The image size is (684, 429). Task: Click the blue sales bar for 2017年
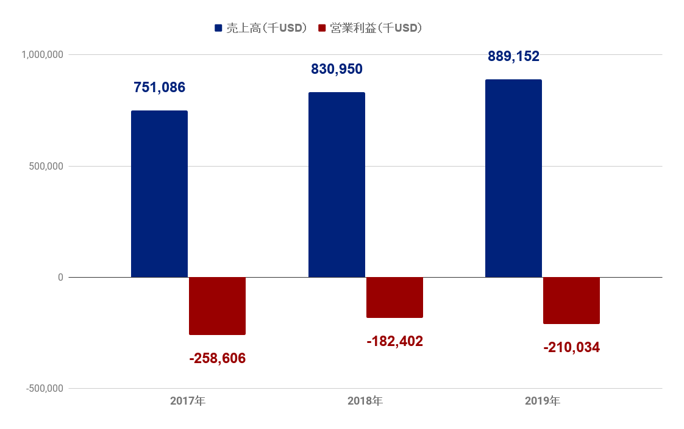click(159, 194)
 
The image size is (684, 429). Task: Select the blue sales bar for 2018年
click(337, 185)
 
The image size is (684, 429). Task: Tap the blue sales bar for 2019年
click(513, 178)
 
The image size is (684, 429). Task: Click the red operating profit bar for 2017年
click(217, 306)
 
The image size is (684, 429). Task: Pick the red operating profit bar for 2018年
click(394, 297)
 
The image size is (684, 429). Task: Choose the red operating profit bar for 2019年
click(571, 300)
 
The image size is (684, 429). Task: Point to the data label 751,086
click(159, 87)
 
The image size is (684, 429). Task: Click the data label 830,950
click(337, 69)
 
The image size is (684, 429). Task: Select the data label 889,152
click(513, 56)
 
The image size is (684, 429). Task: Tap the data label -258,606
click(217, 358)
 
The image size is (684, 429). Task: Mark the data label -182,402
click(394, 341)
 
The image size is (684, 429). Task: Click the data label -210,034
click(571, 348)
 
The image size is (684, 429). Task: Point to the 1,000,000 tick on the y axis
click(43, 55)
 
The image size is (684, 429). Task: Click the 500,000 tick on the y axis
click(46, 166)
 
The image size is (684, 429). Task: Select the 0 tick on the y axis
click(60, 278)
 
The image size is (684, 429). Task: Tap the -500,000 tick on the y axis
click(45, 389)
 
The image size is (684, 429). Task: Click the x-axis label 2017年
click(188, 402)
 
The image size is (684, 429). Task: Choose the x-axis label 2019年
click(543, 402)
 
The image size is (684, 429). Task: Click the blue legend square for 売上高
click(218, 28)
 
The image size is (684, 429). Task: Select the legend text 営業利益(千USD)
click(376, 28)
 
